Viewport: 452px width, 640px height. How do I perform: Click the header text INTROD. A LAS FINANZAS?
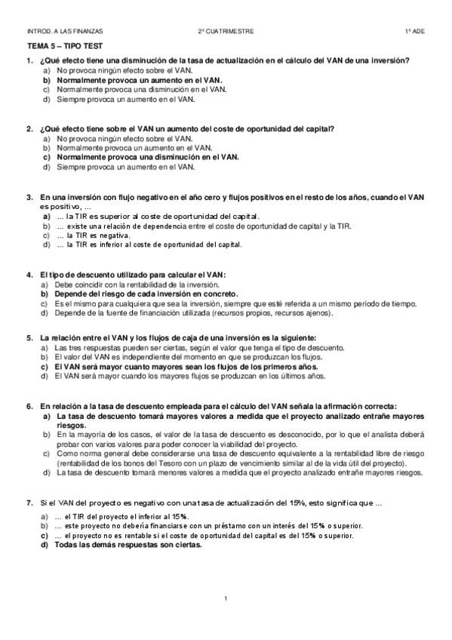65,32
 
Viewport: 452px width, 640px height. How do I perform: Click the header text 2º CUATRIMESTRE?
226,32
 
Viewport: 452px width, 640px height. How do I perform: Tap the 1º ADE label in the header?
414,32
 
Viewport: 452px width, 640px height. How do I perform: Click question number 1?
29,60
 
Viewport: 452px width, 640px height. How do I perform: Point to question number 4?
29,275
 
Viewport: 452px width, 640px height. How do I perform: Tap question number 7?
29,502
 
